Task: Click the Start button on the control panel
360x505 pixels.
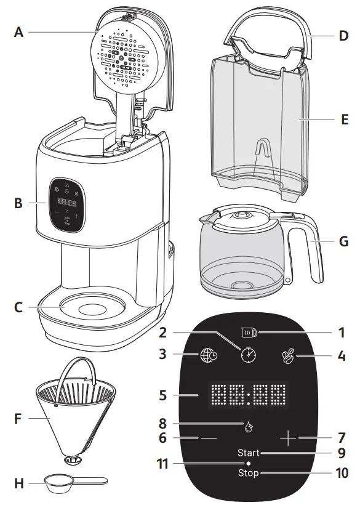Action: tap(249, 453)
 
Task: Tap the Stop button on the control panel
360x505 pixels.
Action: tap(249, 473)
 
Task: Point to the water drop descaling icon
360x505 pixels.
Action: tap(249, 424)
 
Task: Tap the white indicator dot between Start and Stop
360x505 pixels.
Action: tap(249, 463)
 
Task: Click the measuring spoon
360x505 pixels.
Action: tap(68, 484)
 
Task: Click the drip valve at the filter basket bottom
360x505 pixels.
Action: tap(74, 458)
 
